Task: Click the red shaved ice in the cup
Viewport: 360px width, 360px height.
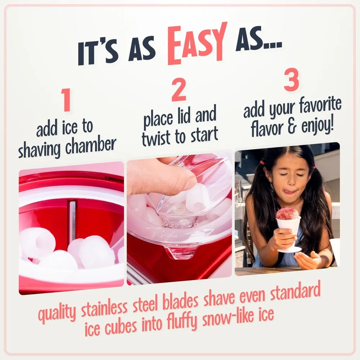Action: coord(287,214)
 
